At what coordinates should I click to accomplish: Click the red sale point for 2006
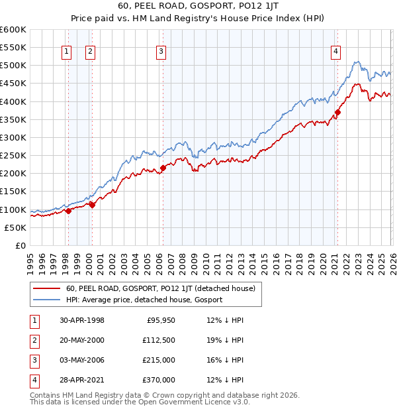click(x=163, y=168)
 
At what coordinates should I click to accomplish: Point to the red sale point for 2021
click(x=337, y=112)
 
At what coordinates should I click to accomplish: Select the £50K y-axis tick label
click(x=16, y=227)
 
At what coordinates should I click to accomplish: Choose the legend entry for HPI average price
click(x=144, y=300)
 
